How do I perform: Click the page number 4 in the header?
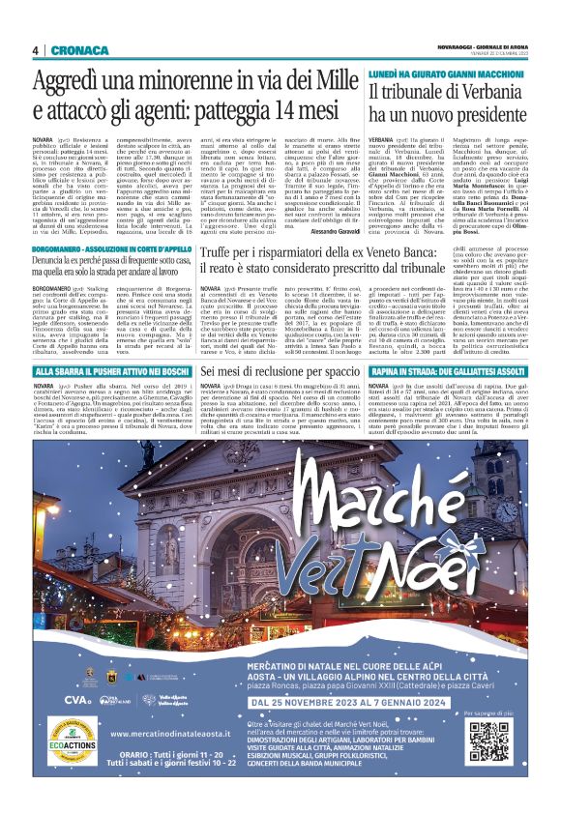click(34, 49)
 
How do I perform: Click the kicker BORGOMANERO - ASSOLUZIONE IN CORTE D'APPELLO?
click(110, 249)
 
